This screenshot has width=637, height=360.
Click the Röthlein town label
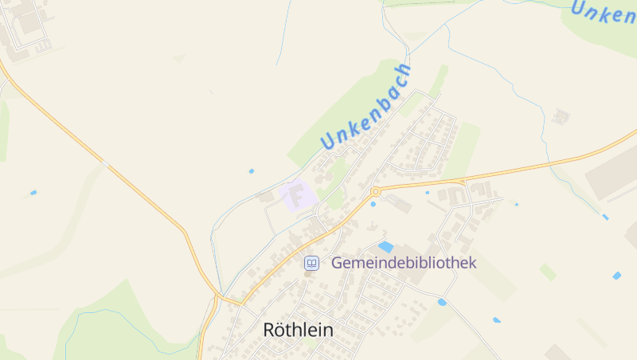tap(298, 329)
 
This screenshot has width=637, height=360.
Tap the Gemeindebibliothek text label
tap(403, 262)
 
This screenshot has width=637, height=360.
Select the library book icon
tap(312, 263)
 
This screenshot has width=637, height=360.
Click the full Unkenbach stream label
tap(367, 106)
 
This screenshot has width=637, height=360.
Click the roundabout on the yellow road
tap(375, 191)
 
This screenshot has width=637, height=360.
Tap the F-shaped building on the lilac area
tap(299, 195)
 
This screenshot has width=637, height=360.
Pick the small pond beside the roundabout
tap(373, 204)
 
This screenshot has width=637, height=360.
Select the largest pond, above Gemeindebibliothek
tap(385, 247)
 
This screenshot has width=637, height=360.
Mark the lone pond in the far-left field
tap(33, 193)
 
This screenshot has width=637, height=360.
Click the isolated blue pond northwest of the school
tap(252, 170)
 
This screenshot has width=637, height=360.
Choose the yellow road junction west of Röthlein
tap(219, 298)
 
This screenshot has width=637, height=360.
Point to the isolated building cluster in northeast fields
tap(561, 116)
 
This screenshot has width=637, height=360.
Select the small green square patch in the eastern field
tap(548, 272)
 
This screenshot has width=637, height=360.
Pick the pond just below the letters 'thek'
tap(442, 302)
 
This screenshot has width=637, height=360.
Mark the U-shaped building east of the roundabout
tap(456, 195)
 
